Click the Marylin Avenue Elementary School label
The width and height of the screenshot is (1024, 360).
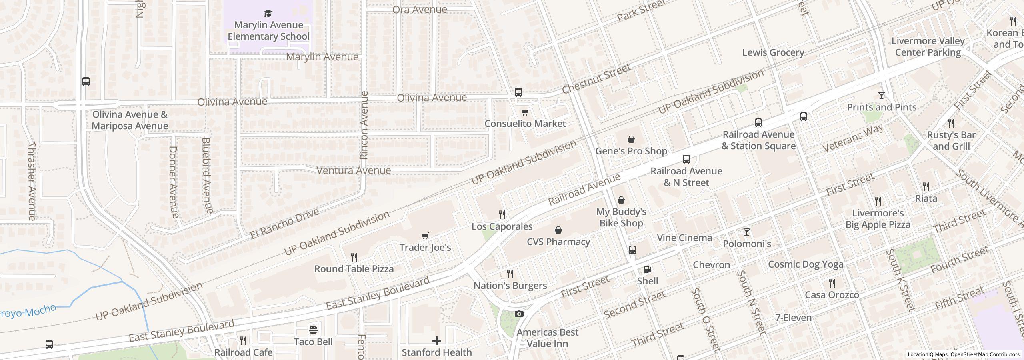tap(268, 31)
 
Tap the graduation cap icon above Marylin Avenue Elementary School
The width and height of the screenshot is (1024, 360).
tap(268, 14)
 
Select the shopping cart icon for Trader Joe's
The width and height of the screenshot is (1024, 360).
tap(425, 236)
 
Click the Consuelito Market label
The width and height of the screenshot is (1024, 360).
tap(525, 124)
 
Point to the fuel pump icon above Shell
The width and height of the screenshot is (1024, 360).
tap(647, 269)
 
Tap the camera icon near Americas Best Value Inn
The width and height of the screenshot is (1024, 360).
tap(519, 314)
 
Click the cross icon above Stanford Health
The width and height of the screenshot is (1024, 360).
tap(436, 341)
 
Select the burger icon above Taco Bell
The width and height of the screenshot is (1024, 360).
tap(313, 330)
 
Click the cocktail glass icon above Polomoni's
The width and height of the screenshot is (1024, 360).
tap(746, 232)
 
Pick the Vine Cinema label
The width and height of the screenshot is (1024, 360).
tap(684, 238)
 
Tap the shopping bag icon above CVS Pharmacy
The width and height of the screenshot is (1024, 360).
tap(558, 230)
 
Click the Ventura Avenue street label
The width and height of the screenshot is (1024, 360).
tap(354, 171)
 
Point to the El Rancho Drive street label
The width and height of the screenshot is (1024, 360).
tap(285, 224)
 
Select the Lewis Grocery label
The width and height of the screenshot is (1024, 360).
tap(773, 53)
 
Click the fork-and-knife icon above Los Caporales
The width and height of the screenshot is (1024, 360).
tap(502, 215)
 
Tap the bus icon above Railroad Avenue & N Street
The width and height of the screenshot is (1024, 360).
tap(686, 159)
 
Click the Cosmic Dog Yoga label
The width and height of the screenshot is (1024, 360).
tap(806, 264)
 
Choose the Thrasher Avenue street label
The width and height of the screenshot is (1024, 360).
tap(32, 181)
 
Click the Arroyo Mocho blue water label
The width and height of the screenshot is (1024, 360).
tap(28, 311)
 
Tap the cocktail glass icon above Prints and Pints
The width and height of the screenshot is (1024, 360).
tap(881, 96)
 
